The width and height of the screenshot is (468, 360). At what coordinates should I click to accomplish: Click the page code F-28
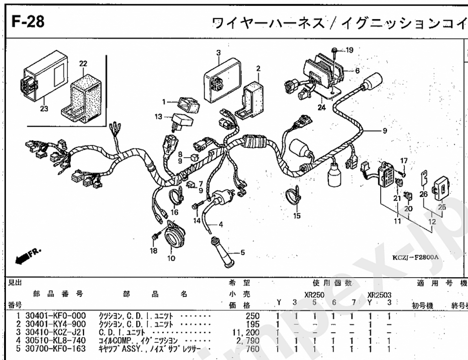point(28,22)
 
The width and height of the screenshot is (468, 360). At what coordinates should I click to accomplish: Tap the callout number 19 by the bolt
point(350,50)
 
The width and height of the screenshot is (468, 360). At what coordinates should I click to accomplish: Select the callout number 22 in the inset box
point(83,64)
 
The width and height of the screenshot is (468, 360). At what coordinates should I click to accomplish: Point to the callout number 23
point(44,108)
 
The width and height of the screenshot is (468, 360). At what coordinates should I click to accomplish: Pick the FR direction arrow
point(27,256)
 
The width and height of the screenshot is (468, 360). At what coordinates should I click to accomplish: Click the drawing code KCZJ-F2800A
point(415,257)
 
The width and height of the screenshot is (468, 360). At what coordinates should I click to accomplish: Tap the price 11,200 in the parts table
point(246,332)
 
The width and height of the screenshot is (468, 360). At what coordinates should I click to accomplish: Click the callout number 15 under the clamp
point(297,216)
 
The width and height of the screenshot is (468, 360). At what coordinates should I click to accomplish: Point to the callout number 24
point(321,108)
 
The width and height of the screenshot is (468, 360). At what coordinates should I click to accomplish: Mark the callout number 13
point(158,117)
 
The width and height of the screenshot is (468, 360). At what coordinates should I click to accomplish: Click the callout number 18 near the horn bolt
point(153,251)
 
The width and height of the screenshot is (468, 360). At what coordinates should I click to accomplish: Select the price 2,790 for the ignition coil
point(248,341)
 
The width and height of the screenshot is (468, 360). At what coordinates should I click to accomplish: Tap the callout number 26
point(423,194)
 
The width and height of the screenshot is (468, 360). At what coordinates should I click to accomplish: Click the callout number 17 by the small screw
point(404,160)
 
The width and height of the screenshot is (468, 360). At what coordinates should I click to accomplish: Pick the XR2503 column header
point(379,295)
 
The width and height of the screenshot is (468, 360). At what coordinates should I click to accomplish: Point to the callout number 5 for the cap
point(243,252)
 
